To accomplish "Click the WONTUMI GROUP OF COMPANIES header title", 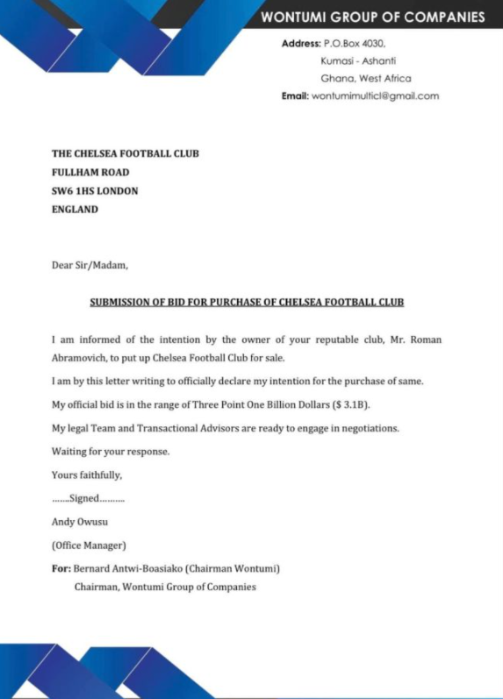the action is pyautogui.click(x=372, y=18).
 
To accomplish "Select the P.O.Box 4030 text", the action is pyautogui.click(x=354, y=43).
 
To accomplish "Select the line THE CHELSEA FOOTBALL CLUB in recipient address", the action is pyautogui.click(x=125, y=153).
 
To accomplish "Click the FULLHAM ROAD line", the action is pyautogui.click(x=90, y=172).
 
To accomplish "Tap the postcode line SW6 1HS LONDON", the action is pyautogui.click(x=95, y=190).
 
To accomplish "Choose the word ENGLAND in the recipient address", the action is pyautogui.click(x=75, y=210).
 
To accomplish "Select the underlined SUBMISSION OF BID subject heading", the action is pyautogui.click(x=247, y=303).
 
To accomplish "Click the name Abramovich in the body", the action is pyautogui.click(x=83, y=358).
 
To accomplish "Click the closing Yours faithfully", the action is pyautogui.click(x=87, y=474).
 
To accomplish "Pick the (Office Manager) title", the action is pyautogui.click(x=89, y=545).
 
